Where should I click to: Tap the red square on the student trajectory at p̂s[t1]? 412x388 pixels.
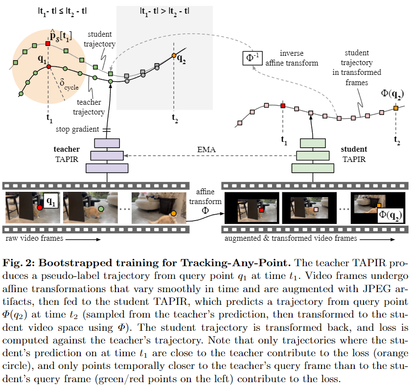pos(47,44)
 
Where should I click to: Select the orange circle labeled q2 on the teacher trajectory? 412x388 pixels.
pos(173,56)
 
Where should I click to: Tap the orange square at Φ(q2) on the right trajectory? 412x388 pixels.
pos(396,108)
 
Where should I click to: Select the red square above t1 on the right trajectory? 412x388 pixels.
pos(283,105)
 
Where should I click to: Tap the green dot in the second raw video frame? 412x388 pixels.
pos(101,209)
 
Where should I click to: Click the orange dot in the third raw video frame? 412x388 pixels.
pos(173,213)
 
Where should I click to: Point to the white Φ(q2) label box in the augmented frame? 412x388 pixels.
pos(390,214)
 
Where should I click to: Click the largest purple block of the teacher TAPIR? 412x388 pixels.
pos(107,168)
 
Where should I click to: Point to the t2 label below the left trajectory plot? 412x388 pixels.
pos(175,117)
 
